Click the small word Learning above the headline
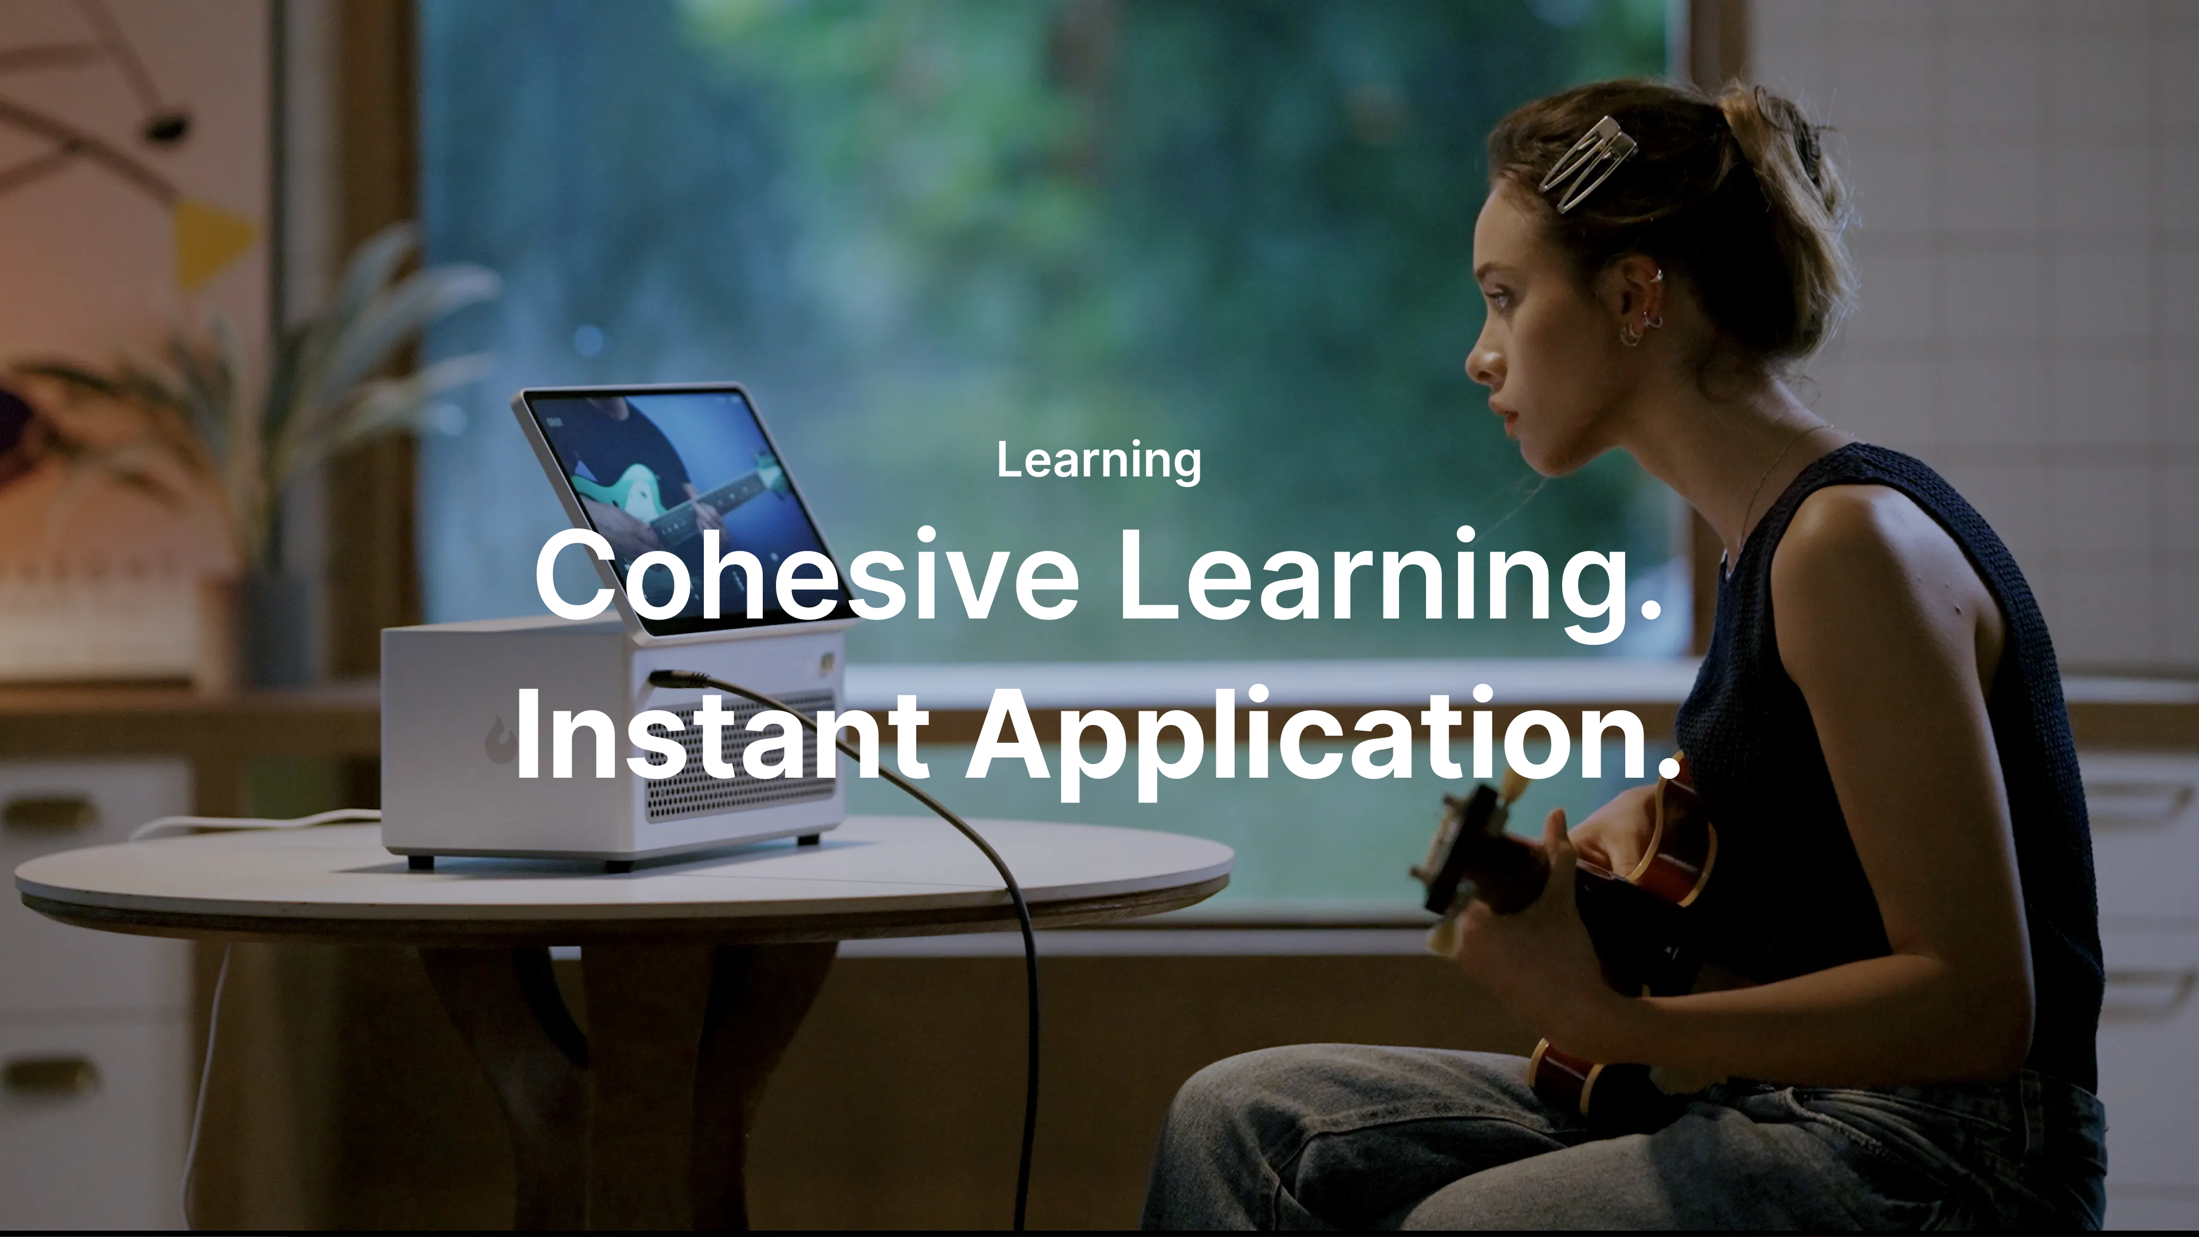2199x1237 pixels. [1099, 461]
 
